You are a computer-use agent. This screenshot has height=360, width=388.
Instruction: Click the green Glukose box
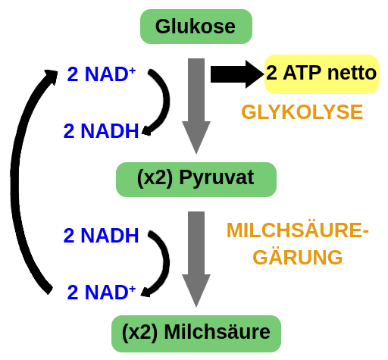pos(196,27)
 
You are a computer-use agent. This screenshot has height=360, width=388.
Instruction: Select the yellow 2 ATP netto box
pos(321,74)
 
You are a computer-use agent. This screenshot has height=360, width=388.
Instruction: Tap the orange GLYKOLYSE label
pos(302,112)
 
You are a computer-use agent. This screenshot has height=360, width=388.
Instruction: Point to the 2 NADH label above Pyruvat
pos(101,131)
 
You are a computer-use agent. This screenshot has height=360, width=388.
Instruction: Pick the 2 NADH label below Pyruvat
pos(101,236)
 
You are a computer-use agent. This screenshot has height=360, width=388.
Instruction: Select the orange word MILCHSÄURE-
pos(298,230)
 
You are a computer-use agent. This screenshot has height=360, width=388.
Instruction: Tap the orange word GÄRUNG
pos(298,258)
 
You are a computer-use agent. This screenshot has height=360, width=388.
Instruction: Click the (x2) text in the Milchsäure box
pos(139,332)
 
